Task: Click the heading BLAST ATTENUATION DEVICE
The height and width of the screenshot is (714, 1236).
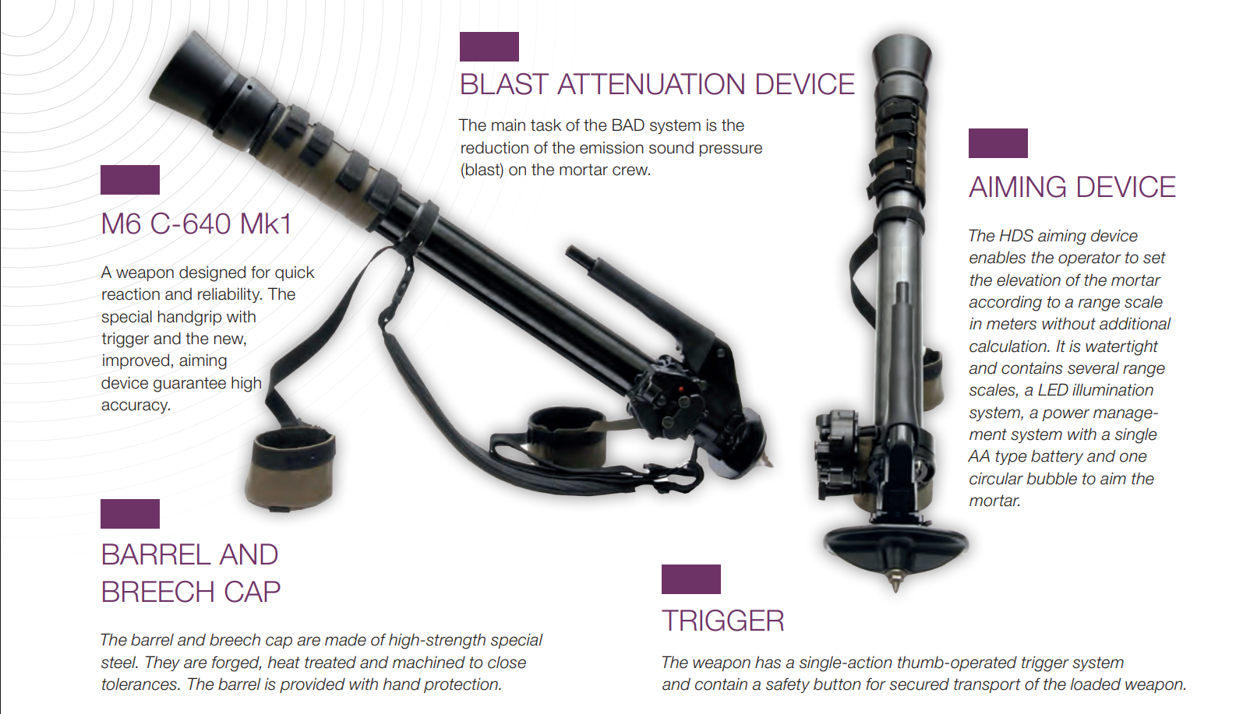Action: (657, 84)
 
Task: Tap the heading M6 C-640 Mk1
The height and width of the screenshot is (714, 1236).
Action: (196, 223)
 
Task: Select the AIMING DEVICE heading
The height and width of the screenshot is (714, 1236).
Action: (1072, 187)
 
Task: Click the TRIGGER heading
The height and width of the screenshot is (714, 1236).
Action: (723, 621)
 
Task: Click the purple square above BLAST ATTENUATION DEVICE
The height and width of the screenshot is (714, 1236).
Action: (489, 46)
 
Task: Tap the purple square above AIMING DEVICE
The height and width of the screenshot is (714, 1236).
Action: (998, 143)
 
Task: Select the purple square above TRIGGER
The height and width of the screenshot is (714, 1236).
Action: (691, 579)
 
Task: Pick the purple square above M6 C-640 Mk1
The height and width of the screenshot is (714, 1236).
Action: (130, 180)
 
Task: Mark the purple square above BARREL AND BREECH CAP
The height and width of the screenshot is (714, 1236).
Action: (130, 514)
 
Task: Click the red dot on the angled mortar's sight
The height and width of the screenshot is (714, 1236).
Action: (681, 389)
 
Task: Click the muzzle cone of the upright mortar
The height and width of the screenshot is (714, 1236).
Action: (902, 57)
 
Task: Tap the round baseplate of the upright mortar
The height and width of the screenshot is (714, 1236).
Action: (895, 545)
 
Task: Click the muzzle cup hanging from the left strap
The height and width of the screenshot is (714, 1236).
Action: (290, 469)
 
